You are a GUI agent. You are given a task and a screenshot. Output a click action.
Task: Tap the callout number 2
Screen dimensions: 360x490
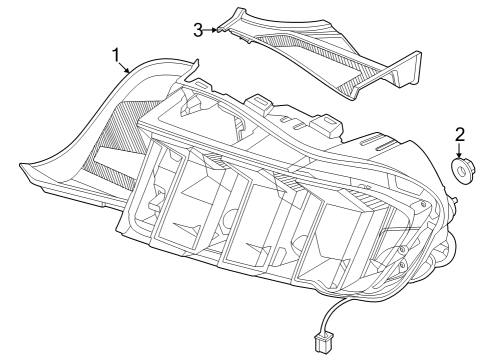point(461,134)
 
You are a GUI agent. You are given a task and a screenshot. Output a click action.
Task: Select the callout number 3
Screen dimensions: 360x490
point(198,29)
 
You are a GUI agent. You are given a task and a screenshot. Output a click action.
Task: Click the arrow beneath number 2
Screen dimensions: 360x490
point(461,151)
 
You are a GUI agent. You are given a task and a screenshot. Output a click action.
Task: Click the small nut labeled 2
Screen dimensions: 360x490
point(463,173)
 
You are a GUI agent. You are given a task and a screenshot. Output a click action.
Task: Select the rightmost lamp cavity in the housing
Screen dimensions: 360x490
point(395,250)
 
